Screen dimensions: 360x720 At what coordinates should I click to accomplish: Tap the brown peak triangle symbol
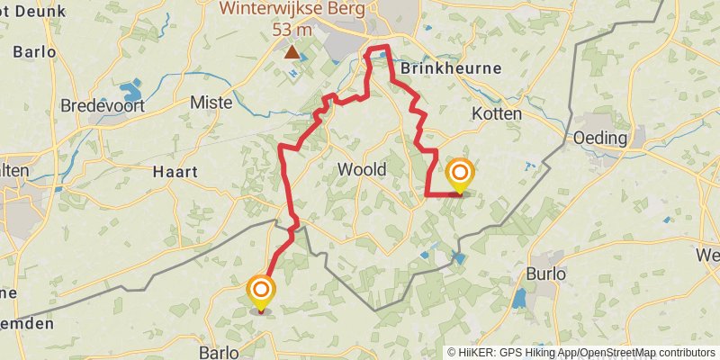[x=292, y=52]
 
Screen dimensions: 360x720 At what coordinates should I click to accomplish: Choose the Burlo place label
[x=546, y=274]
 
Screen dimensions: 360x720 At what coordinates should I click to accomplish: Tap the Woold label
[x=362, y=170]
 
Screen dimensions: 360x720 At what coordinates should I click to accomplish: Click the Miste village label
[x=211, y=103]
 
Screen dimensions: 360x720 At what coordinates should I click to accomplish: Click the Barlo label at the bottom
[x=219, y=352]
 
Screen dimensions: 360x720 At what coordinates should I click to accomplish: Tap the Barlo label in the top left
[x=34, y=51]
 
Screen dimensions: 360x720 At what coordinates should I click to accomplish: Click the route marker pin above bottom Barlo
[x=261, y=291]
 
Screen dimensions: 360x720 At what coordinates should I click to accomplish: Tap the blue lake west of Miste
[x=131, y=89]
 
